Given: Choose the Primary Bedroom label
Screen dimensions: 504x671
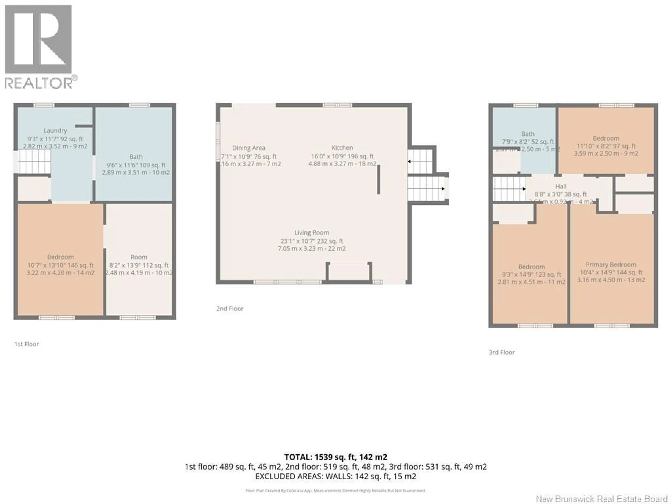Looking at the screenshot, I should (611, 265).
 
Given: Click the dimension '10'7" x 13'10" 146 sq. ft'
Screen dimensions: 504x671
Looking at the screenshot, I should (60, 265).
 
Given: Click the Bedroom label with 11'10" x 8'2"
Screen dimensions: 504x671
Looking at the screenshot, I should (606, 138).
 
